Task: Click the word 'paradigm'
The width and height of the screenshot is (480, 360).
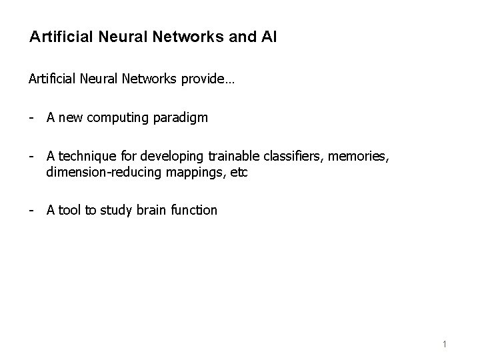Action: point(183,119)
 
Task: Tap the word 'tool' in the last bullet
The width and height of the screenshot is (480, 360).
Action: point(69,210)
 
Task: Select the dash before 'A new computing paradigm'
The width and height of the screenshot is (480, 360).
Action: point(31,118)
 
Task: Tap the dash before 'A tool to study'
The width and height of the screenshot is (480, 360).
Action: point(31,210)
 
